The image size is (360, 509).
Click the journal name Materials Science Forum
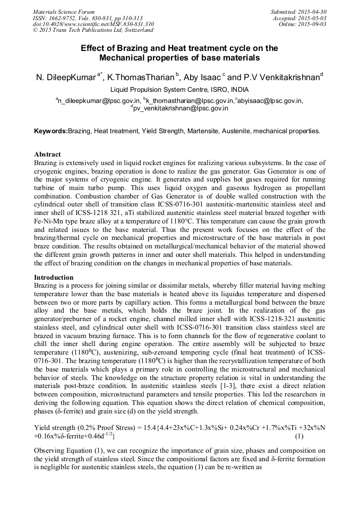pyautogui.click(x=64, y=11)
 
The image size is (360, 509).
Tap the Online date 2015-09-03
pyautogui.click(x=313, y=24)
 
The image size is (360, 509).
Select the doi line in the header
pyautogui.click(x=93, y=24)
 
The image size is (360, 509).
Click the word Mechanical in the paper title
pyautogui.click(x=128, y=57)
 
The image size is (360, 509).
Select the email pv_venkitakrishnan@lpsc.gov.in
pyautogui.click(x=181, y=108)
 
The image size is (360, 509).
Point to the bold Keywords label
pyautogui.click(x=50, y=131)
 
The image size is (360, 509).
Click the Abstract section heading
pyautogui.click(x=47, y=154)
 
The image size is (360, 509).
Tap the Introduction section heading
pyautogui.click(x=54, y=278)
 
